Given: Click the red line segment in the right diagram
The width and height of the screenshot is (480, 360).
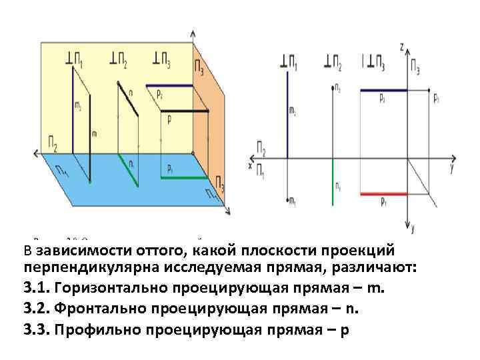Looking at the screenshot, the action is pyautogui.click(x=383, y=193).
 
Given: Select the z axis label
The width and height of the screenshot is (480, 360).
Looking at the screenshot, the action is pyautogui.click(x=401, y=47).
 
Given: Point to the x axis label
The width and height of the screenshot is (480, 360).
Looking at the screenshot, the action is pyautogui.click(x=250, y=165).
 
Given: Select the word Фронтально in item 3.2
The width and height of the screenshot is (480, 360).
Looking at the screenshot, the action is pyautogui.click(x=96, y=309).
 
